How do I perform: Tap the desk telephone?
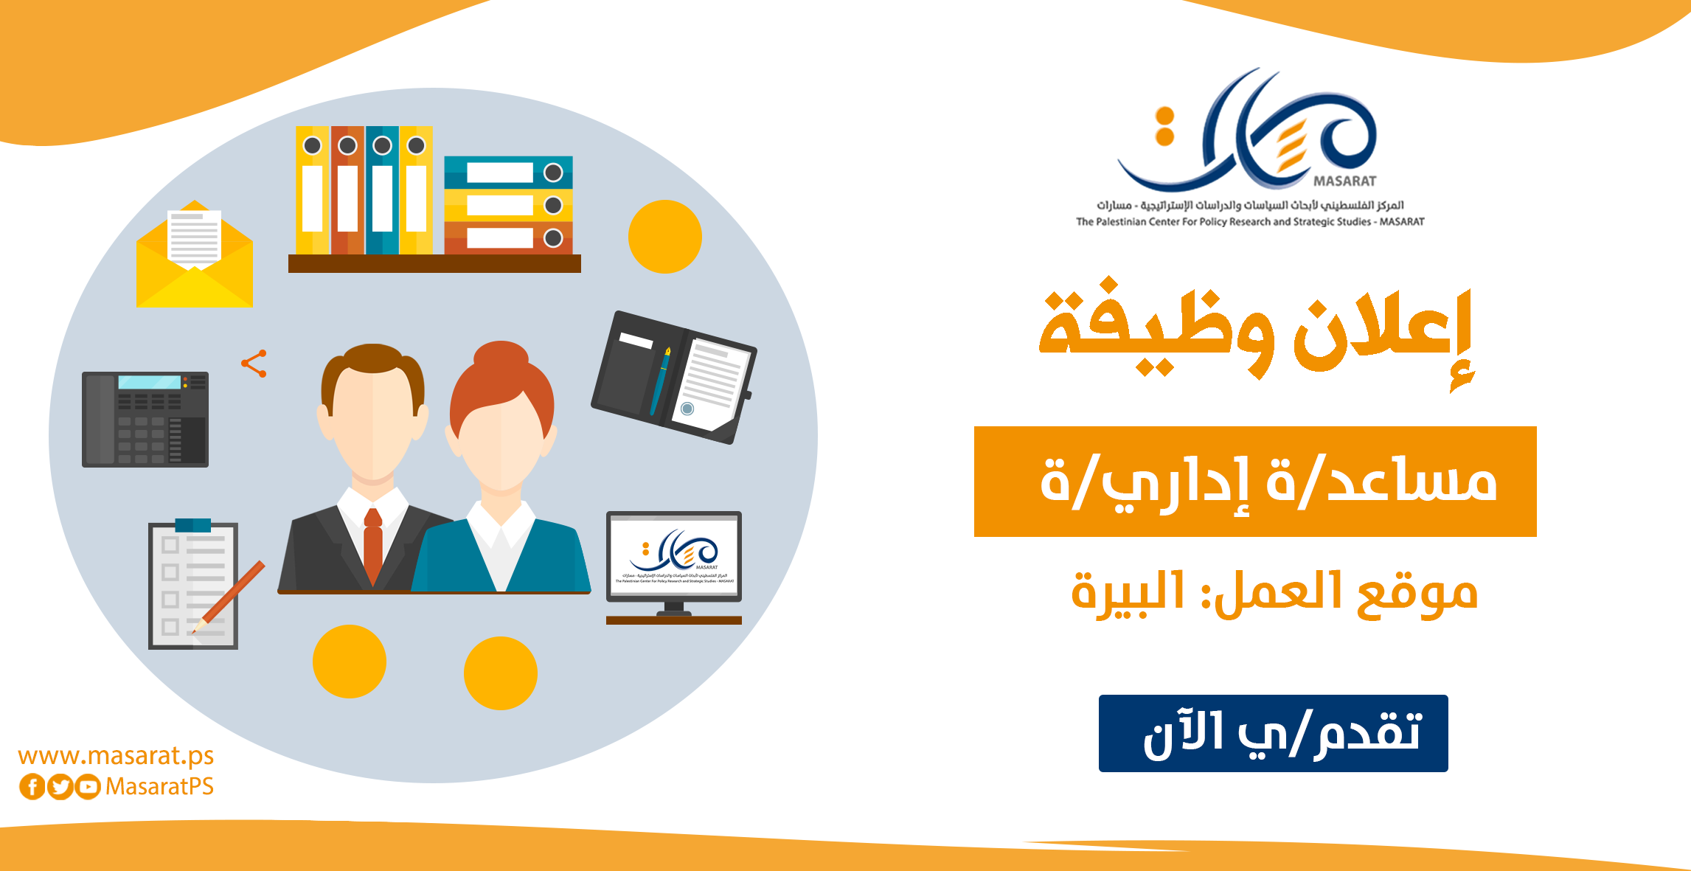145,419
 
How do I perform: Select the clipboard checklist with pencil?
194,586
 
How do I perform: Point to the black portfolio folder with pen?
673,377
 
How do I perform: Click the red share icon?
254,364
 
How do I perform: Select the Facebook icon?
32,787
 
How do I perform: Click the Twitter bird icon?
60,787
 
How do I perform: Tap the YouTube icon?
88,787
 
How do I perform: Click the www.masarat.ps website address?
116,756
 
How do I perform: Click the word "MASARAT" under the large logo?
1344,181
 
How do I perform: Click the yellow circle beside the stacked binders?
664,237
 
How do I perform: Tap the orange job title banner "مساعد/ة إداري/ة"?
1255,481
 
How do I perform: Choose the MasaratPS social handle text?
159,787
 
